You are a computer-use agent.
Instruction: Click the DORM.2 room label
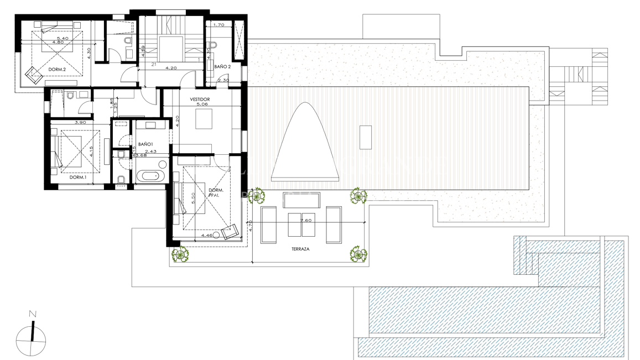(x=57, y=70)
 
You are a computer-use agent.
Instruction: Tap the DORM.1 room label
(x=78, y=177)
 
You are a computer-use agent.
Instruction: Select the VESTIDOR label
(x=200, y=99)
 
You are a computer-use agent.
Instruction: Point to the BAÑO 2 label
(x=222, y=66)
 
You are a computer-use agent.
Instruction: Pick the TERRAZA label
(x=300, y=249)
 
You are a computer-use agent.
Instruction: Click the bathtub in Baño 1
(x=150, y=176)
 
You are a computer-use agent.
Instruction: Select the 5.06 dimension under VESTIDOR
(x=200, y=105)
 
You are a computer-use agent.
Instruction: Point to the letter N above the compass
(x=33, y=314)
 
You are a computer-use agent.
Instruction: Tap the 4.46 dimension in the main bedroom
(x=207, y=236)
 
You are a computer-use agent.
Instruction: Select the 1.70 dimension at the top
(x=218, y=25)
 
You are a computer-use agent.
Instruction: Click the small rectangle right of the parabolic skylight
(x=365, y=137)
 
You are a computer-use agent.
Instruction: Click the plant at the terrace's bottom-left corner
(x=179, y=255)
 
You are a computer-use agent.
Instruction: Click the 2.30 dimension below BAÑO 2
(x=223, y=81)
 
